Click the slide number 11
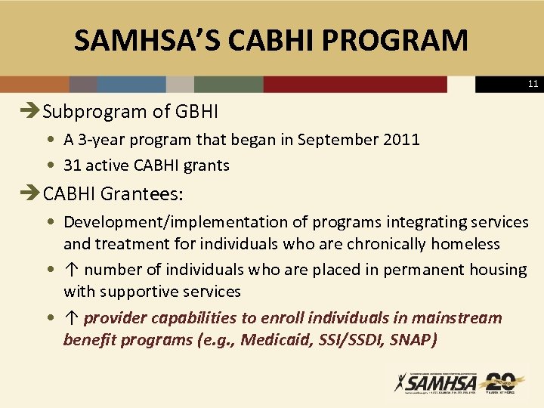[x=533, y=85]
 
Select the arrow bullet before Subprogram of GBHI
[x=32, y=113]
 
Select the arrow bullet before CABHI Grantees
[x=32, y=194]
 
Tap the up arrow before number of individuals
[x=72, y=270]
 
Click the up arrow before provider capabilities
[x=72, y=318]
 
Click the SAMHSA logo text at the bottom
[x=437, y=382]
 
